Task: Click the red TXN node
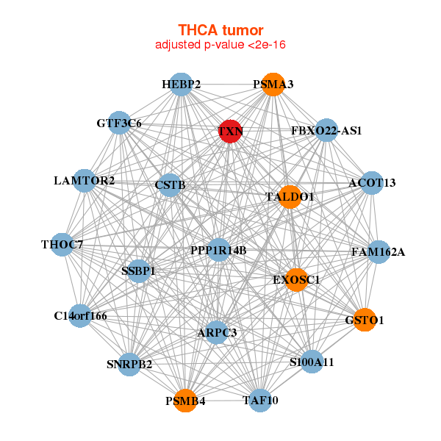click(x=230, y=131)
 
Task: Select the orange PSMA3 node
click(x=273, y=85)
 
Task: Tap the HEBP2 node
click(x=182, y=85)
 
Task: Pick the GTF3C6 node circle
click(x=120, y=123)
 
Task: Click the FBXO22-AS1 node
click(x=326, y=130)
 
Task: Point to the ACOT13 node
click(x=372, y=183)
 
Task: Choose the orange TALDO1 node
click(x=290, y=197)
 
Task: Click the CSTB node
click(x=170, y=185)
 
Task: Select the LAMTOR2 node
click(x=85, y=181)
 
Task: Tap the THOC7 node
click(x=62, y=245)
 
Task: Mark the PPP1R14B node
click(x=218, y=250)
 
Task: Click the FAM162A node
click(x=379, y=252)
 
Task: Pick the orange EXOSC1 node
click(x=296, y=280)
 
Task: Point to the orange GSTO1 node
click(x=365, y=320)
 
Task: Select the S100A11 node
click(x=312, y=362)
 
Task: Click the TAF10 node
click(x=260, y=401)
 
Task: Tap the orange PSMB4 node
click(x=185, y=401)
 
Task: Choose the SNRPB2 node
click(x=129, y=365)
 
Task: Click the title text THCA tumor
click(x=220, y=30)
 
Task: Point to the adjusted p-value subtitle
click(x=220, y=45)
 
